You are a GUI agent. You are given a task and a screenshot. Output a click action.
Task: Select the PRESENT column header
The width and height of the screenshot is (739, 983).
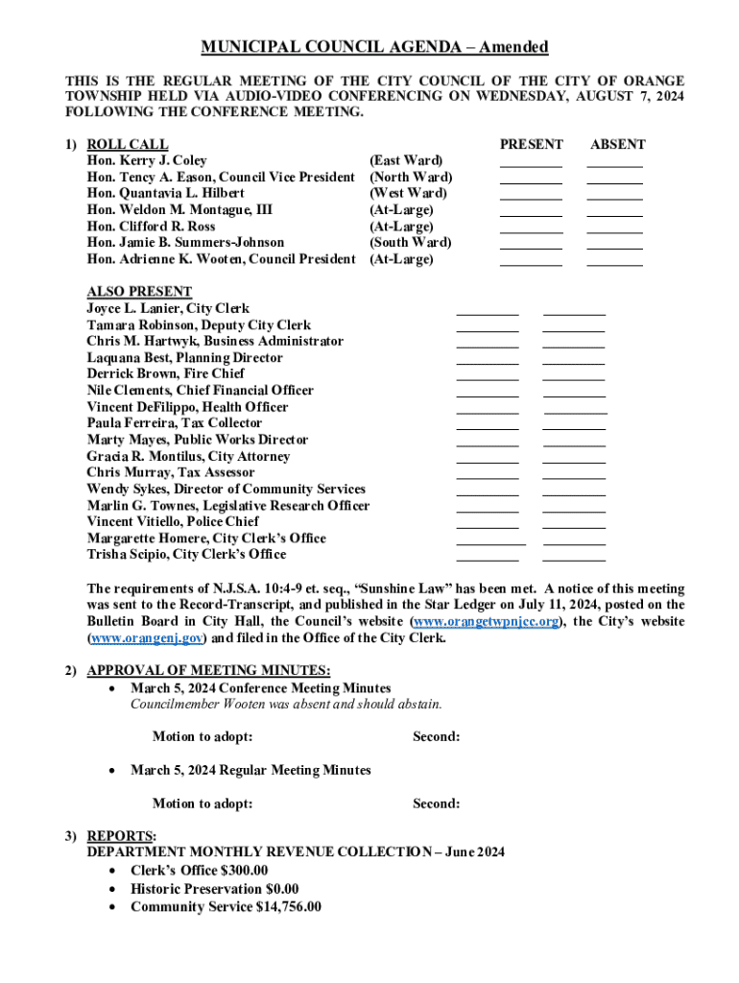[x=532, y=144]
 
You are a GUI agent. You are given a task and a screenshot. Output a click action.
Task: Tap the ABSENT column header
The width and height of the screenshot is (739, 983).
[x=617, y=144]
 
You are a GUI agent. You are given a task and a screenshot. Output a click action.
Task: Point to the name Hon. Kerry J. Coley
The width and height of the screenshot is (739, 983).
[x=147, y=160]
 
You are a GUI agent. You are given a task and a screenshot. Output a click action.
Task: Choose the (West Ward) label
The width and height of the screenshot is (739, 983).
[x=408, y=193]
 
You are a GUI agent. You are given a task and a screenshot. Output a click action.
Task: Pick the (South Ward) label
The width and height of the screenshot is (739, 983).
[x=410, y=243]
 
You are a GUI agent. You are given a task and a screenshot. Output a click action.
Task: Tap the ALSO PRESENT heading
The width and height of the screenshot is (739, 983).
[x=139, y=292]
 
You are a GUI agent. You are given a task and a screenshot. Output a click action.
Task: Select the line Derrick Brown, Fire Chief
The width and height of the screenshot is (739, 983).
[x=165, y=373]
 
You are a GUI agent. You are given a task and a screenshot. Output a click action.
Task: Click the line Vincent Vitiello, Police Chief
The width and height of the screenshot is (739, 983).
[x=173, y=521]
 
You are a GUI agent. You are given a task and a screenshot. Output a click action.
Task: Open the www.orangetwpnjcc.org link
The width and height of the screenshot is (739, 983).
[x=487, y=622]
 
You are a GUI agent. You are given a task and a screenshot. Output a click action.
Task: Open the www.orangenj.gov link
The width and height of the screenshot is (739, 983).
[x=145, y=638]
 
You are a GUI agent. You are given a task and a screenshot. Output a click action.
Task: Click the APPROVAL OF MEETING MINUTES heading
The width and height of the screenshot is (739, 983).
[x=208, y=670]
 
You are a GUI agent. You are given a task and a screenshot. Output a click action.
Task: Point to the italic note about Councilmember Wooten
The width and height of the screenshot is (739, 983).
[x=286, y=704]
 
